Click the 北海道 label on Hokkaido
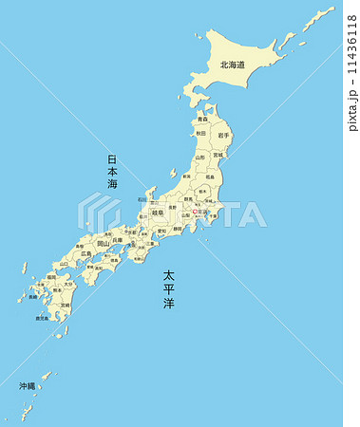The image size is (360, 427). pos(233,65)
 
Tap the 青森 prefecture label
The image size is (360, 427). pos(202,120)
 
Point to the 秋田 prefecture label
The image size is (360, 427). pos(200,134)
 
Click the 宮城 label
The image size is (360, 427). pos(218,155)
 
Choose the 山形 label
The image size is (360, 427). pos(199,157)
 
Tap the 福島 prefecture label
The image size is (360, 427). pos(209,176)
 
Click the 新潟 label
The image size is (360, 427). pos(186,177)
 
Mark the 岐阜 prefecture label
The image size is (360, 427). pos(158,213)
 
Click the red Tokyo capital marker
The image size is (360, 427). pos(195,212)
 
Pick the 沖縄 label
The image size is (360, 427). pos(27,386)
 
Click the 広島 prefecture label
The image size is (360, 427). pos(86,254)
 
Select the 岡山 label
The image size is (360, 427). pos(103,243)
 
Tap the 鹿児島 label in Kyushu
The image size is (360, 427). pos(42,319)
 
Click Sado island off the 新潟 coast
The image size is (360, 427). pos(174,174)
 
